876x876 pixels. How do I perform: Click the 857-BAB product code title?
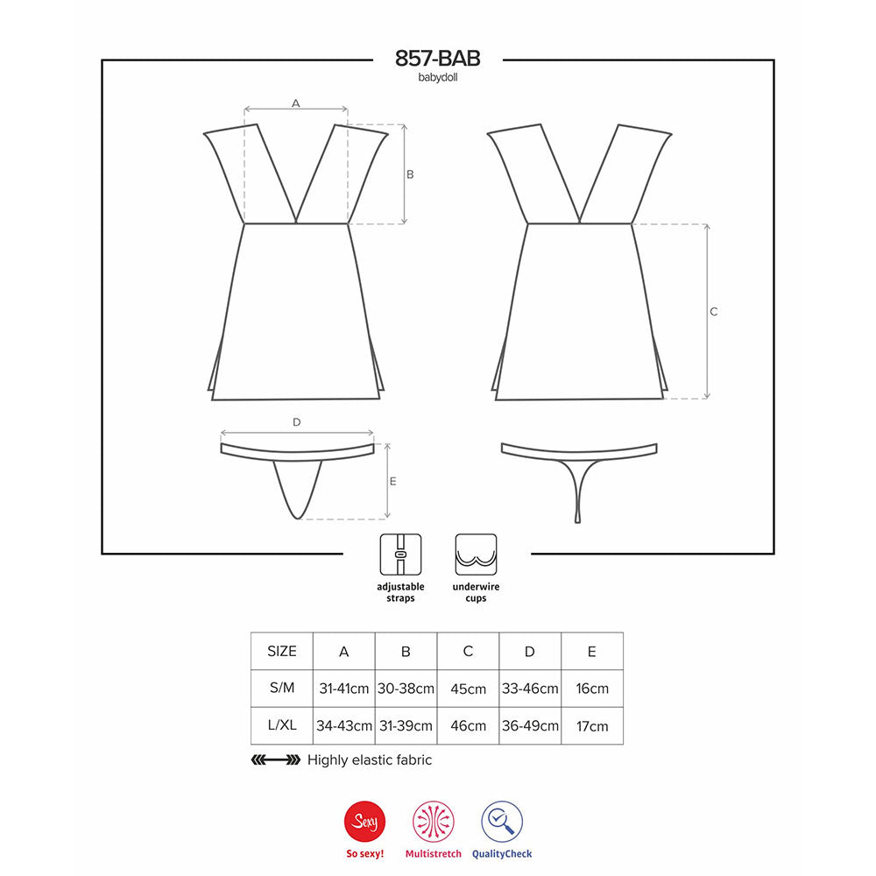(437, 58)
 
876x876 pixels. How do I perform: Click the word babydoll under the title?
(437, 78)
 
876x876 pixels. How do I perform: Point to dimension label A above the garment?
(295, 103)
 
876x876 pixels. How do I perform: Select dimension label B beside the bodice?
(410, 174)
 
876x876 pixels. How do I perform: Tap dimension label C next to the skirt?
(713, 312)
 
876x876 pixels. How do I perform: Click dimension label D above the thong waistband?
(297, 422)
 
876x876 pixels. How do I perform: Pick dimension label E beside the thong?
(392, 481)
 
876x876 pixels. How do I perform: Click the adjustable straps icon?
(400, 555)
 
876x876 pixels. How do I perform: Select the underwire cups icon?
(476, 555)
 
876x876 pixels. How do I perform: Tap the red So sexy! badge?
(364, 822)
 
